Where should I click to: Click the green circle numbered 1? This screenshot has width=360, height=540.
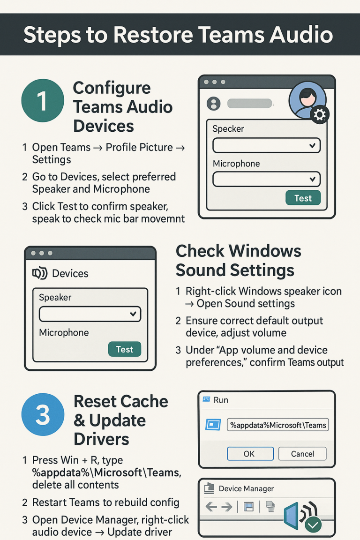click(x=43, y=101)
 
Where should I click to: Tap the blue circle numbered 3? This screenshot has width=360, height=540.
click(x=43, y=414)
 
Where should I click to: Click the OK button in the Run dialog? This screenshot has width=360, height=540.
click(x=250, y=454)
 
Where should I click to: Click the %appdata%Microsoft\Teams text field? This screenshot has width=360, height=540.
click(x=278, y=425)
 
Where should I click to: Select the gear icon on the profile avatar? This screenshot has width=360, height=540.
click(x=320, y=115)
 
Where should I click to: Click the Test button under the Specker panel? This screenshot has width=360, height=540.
click(x=303, y=198)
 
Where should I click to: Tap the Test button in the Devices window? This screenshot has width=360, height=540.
click(x=125, y=349)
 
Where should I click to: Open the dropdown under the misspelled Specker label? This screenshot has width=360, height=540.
click(x=266, y=146)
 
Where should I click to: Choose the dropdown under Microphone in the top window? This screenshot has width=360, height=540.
click(x=266, y=179)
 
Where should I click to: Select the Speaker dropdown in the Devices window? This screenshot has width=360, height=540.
click(x=90, y=314)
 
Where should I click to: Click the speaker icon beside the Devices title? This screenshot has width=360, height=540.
click(x=39, y=274)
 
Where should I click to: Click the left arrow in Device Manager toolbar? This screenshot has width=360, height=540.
click(x=211, y=507)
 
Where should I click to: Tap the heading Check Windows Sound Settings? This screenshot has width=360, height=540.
click(x=238, y=260)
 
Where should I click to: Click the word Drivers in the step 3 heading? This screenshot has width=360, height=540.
click(x=101, y=439)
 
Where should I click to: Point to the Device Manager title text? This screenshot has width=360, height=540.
click(x=246, y=489)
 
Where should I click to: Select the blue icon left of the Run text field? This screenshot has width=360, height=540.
click(x=213, y=425)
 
